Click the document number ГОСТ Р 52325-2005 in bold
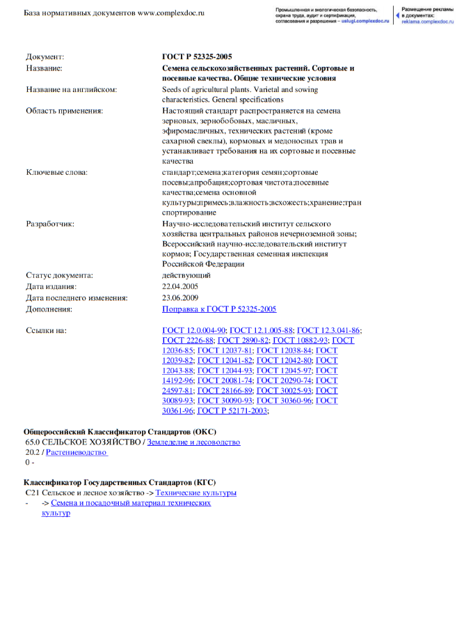(x=197, y=56)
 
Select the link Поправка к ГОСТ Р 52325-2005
(x=219, y=309)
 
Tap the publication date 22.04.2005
(x=180, y=286)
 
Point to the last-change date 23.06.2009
(x=180, y=297)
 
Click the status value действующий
(x=186, y=275)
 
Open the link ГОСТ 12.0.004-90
(x=193, y=330)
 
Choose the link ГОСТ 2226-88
(x=187, y=341)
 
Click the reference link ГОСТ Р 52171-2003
(x=232, y=411)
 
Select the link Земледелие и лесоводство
(x=193, y=442)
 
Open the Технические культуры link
(x=195, y=493)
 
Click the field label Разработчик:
(x=50, y=224)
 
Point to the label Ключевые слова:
(x=57, y=172)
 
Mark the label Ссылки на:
(x=46, y=330)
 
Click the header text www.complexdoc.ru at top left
(x=170, y=13)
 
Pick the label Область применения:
(x=65, y=110)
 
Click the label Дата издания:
(x=51, y=286)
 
